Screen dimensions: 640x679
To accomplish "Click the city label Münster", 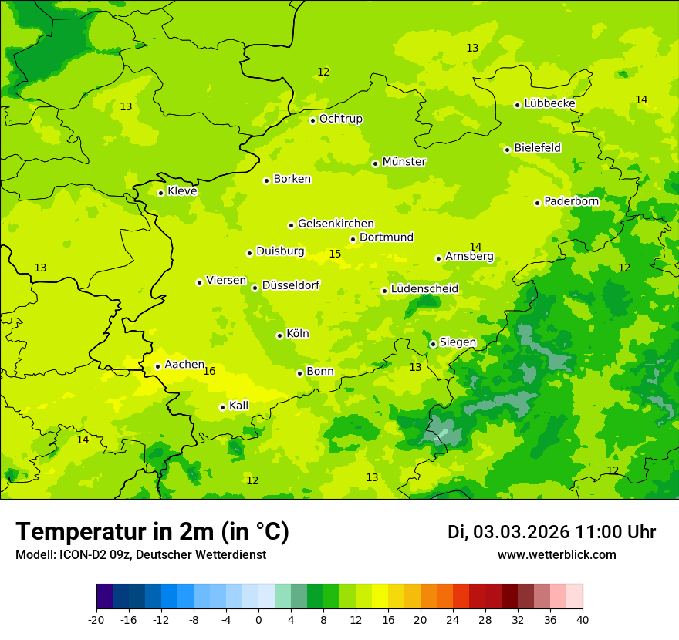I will [x=404, y=162].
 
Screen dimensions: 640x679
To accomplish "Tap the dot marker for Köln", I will [x=279, y=335].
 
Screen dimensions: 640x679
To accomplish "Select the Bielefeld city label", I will [x=537, y=148].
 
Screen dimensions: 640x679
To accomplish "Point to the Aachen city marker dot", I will [x=157, y=366].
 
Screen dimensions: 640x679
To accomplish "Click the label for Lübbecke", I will [x=549, y=103].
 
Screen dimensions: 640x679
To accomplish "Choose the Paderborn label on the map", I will [x=571, y=201].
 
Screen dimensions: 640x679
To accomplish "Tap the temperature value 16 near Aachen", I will [x=209, y=372].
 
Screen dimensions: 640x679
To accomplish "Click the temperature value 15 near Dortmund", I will [x=335, y=254].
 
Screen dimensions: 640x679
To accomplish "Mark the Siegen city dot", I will [x=434, y=344].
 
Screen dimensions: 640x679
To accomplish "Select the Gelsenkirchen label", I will [x=336, y=224].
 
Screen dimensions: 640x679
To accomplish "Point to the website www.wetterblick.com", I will [x=556, y=555].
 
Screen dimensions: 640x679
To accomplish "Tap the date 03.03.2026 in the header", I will [x=521, y=533].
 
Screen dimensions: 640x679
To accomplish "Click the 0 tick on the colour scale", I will [x=258, y=620].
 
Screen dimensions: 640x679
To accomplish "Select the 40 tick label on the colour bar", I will [x=583, y=620].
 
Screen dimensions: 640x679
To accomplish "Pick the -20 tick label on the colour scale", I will [x=96, y=620].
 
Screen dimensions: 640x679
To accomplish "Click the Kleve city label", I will [x=182, y=191].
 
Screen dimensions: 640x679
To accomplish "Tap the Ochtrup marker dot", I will [x=312, y=120].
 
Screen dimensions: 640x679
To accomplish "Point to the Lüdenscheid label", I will [x=424, y=289].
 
